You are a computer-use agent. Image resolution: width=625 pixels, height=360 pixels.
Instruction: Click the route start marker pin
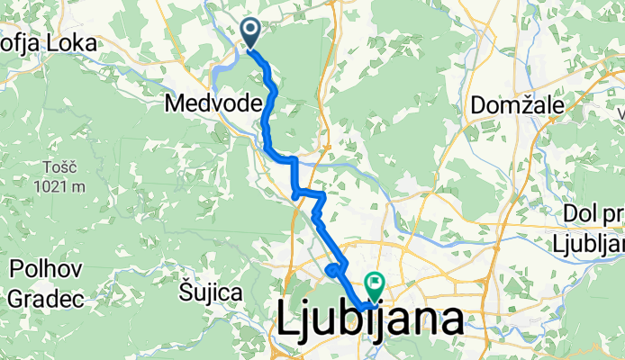click(249, 33)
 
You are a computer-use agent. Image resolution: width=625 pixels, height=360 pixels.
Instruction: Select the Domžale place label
click(518, 106)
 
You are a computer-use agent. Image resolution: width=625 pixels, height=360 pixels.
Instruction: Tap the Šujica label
click(210, 292)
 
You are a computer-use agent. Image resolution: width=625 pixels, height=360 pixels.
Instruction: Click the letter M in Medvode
click(176, 104)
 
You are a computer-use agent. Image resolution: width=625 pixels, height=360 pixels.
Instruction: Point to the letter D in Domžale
click(478, 106)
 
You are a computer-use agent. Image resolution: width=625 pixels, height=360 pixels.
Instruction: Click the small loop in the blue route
click(334, 269)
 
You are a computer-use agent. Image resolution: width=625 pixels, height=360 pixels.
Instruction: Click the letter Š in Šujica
click(183, 292)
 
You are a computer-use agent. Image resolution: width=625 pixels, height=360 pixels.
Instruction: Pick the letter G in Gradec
click(15, 297)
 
